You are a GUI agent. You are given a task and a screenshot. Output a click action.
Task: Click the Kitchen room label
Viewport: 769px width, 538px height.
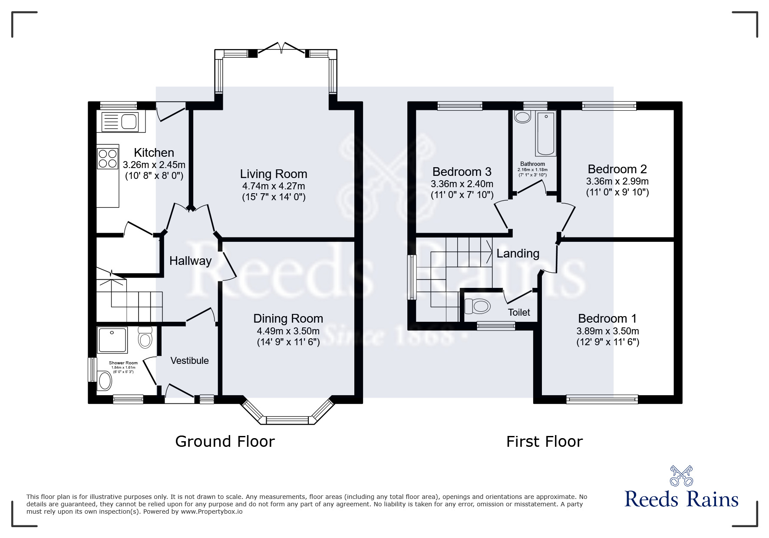click(154, 152)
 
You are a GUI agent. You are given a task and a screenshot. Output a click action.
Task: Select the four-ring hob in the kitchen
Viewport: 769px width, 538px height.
click(108, 158)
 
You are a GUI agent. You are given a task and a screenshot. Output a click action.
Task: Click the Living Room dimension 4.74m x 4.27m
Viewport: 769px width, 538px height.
click(274, 186)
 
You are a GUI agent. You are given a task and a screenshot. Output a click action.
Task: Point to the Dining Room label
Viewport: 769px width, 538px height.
click(288, 318)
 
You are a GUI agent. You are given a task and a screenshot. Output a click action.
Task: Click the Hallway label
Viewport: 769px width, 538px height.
click(190, 261)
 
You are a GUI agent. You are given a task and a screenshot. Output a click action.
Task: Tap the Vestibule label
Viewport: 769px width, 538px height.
click(189, 360)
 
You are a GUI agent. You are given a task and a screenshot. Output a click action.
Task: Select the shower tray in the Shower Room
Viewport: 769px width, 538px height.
click(112, 340)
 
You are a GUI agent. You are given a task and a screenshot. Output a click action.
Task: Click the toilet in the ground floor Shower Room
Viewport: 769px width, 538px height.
click(145, 337)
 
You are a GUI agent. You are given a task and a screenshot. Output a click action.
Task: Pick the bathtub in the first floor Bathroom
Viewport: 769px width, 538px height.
click(546, 133)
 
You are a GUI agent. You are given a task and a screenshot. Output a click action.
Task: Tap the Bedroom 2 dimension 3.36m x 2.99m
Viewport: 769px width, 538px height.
click(617, 181)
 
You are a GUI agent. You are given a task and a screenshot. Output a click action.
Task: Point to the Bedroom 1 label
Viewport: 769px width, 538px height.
click(607, 318)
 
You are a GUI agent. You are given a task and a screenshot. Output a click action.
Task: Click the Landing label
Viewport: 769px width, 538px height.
click(518, 253)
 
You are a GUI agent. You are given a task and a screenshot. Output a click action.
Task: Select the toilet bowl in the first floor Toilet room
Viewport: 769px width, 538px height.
click(478, 307)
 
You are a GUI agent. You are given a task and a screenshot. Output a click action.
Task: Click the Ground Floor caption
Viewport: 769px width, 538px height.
click(225, 441)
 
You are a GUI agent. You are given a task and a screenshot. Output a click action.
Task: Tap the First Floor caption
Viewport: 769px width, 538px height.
click(544, 442)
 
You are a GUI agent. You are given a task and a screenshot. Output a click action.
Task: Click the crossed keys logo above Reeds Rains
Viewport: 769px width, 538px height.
click(681, 476)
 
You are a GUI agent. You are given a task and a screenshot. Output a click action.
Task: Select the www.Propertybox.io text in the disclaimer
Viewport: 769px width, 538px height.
click(212, 512)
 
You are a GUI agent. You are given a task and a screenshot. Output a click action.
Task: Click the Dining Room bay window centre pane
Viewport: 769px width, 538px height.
click(287, 420)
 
